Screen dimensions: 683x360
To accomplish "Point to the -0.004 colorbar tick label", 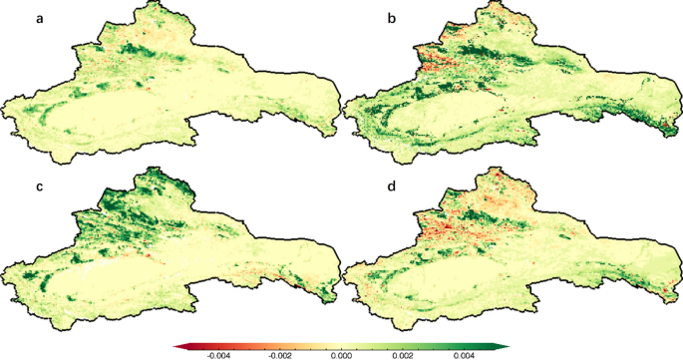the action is pyautogui.click(x=217, y=353).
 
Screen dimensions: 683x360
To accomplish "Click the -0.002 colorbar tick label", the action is pyautogui.click(x=279, y=353).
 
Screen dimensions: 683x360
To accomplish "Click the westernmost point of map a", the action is pyautogui.click(x=5, y=102).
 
